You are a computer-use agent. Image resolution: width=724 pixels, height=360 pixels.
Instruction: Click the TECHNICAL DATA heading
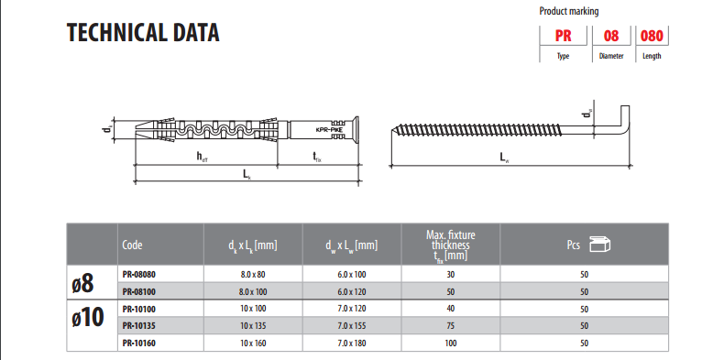[143, 33]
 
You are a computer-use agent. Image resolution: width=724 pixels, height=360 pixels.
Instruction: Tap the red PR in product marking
[563, 36]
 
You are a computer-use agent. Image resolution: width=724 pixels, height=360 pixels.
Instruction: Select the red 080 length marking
[652, 36]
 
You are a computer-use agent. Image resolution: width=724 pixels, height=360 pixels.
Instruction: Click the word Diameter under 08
[611, 56]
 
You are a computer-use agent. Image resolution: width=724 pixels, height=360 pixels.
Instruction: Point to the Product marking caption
[569, 11]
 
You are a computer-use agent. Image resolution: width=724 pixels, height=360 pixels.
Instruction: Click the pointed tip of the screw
[391, 130]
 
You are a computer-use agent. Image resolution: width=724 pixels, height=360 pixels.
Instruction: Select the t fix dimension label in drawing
[317, 157]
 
